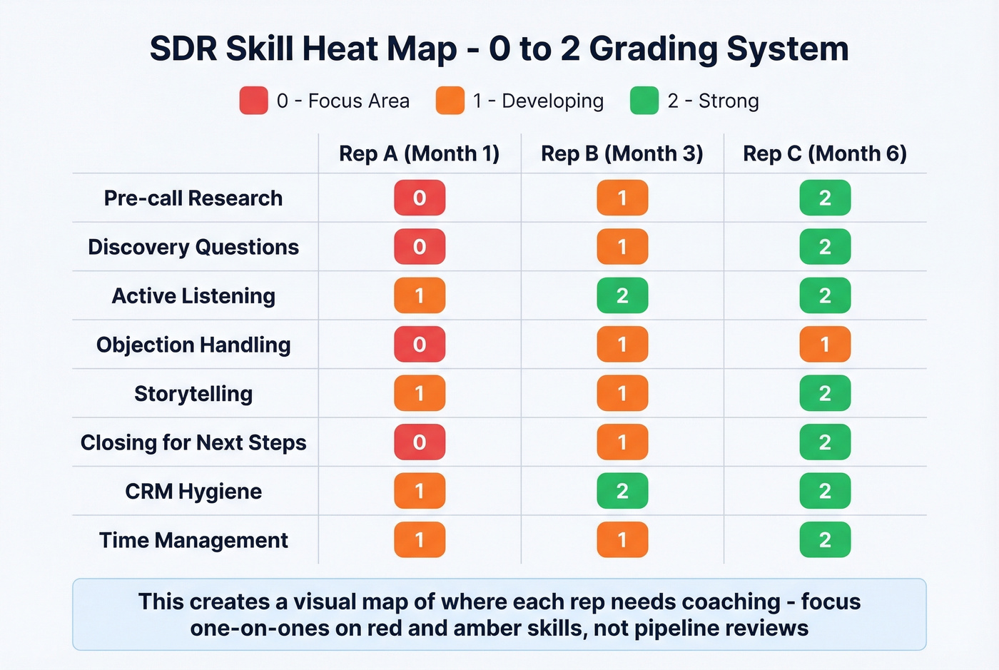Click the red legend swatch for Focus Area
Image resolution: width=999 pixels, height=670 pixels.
pyautogui.click(x=253, y=101)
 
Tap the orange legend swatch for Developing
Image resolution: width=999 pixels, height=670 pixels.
pyautogui.click(x=450, y=101)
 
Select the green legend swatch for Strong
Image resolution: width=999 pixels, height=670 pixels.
pyautogui.click(x=644, y=101)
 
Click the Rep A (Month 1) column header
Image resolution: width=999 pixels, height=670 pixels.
pyautogui.click(x=419, y=153)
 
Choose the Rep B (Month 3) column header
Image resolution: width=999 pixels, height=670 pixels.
pyautogui.click(x=622, y=153)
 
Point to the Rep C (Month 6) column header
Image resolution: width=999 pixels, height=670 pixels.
pyautogui.click(x=824, y=153)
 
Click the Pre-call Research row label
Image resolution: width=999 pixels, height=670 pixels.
pyautogui.click(x=193, y=198)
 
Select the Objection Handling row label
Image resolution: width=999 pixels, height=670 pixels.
pyautogui.click(x=193, y=345)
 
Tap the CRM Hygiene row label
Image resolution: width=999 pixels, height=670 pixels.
pyautogui.click(x=193, y=492)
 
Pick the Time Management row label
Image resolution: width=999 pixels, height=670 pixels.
pyautogui.click(x=193, y=540)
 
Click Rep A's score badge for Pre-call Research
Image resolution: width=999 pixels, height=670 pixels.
pyautogui.click(x=420, y=198)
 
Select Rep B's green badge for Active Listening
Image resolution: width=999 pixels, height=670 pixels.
pyautogui.click(x=622, y=295)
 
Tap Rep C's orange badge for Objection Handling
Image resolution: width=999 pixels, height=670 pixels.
pyautogui.click(x=825, y=345)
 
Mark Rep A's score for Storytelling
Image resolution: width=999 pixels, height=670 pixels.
pyautogui.click(x=420, y=393)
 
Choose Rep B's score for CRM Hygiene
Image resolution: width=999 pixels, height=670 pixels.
pyautogui.click(x=622, y=491)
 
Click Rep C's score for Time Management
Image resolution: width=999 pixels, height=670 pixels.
pyautogui.click(x=825, y=540)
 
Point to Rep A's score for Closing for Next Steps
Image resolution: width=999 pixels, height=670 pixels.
pyautogui.click(x=420, y=442)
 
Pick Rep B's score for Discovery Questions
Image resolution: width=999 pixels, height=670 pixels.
pyautogui.click(x=622, y=247)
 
